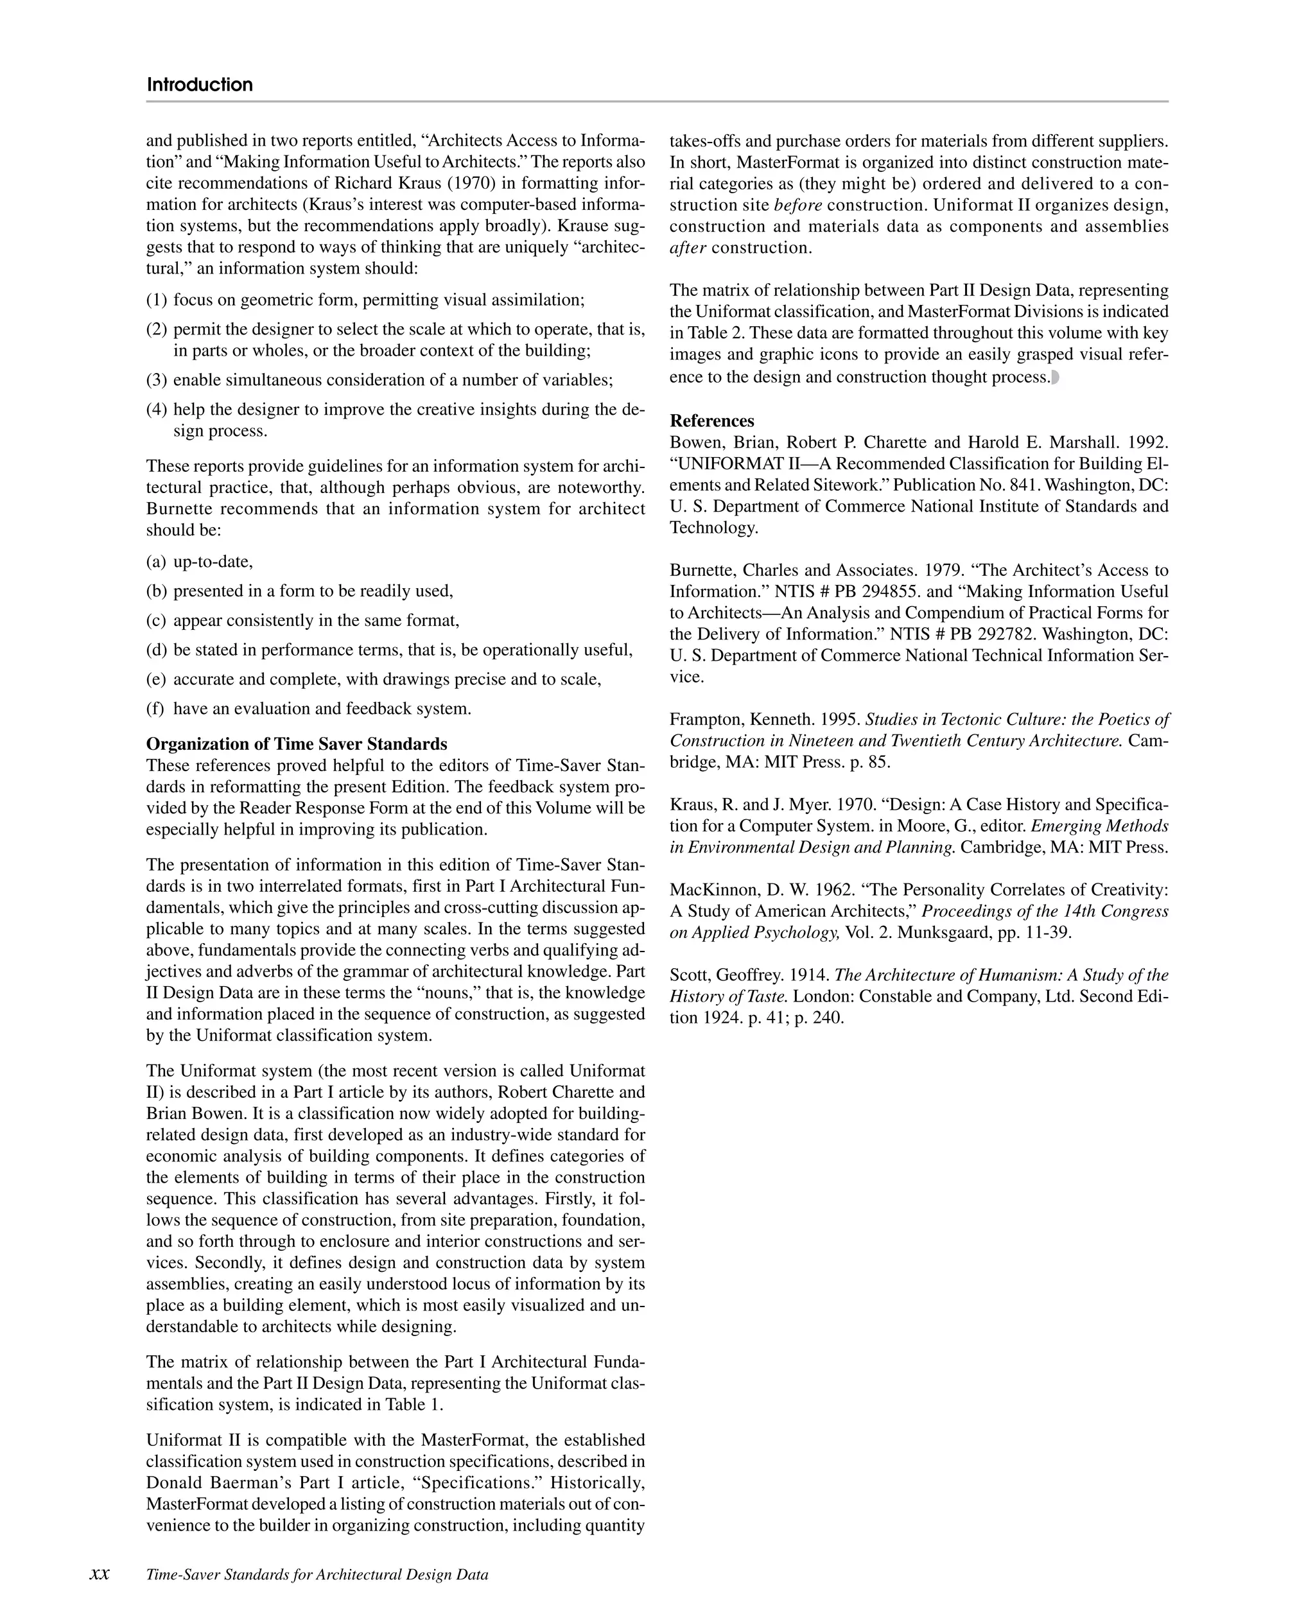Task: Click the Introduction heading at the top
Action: (x=199, y=84)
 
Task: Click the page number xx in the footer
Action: (x=100, y=1574)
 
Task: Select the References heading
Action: (x=711, y=421)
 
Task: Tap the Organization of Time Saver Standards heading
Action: (x=296, y=743)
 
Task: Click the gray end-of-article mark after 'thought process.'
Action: (x=1055, y=377)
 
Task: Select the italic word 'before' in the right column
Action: (x=797, y=205)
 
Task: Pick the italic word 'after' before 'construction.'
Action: (x=687, y=248)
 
